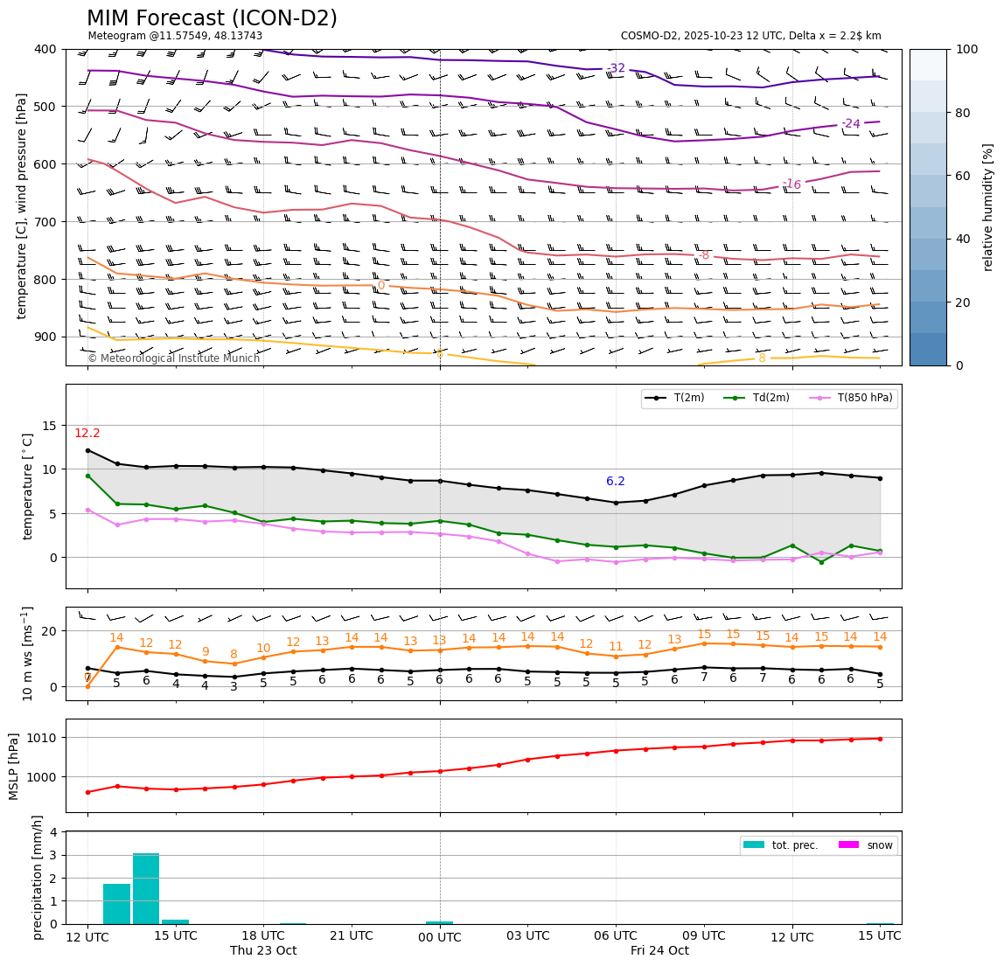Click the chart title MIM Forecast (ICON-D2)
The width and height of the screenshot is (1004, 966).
point(212,18)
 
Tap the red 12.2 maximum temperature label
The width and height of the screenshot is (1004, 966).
point(87,434)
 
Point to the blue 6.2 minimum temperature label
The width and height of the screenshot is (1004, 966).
point(616,482)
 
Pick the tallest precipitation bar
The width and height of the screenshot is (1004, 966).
point(146,888)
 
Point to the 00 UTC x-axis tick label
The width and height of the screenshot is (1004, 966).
point(439,937)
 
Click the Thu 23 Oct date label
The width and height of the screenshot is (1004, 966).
point(263,951)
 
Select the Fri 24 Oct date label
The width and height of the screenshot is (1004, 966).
point(659,951)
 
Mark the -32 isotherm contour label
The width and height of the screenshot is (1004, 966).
point(616,68)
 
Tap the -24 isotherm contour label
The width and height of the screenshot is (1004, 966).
point(850,124)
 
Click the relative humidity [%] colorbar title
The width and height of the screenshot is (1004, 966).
point(988,207)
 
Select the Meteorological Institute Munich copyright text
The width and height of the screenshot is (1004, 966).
point(174,358)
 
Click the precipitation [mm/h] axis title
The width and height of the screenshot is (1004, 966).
point(38,877)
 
